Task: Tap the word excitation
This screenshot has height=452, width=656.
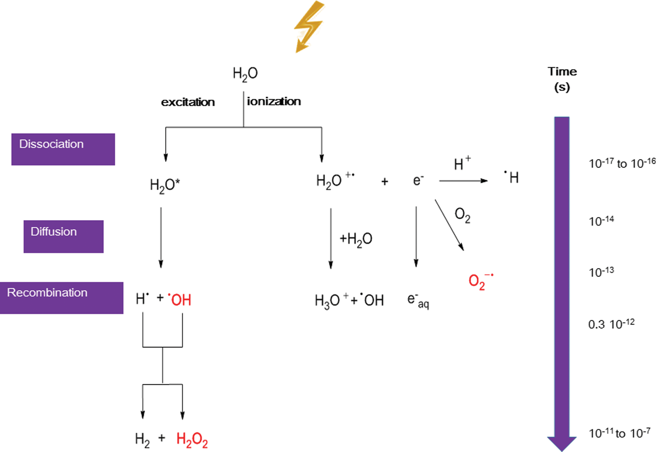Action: click(188, 102)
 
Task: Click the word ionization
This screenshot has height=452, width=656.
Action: click(274, 101)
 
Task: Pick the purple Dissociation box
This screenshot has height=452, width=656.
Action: click(63, 149)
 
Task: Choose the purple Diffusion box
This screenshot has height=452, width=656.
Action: click(63, 236)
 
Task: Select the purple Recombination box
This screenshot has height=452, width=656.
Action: click(61, 298)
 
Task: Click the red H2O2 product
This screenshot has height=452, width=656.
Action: click(192, 440)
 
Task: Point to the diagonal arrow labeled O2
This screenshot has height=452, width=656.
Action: click(449, 225)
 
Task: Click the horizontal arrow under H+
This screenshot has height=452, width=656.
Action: click(463, 181)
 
